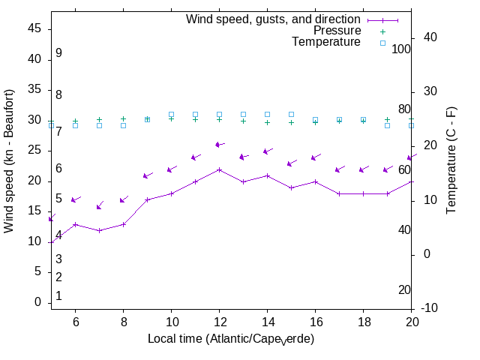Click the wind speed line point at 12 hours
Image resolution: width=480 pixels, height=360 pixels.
pyautogui.click(x=219, y=169)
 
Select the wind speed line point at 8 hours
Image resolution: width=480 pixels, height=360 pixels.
pyautogui.click(x=123, y=223)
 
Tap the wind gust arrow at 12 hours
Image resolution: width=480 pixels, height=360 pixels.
pyautogui.click(x=219, y=144)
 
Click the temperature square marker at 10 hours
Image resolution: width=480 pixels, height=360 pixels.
pyautogui.click(x=171, y=114)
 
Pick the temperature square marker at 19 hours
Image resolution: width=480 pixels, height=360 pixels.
pyautogui.click(x=387, y=125)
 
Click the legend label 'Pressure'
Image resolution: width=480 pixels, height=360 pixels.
pyautogui.click(x=337, y=31)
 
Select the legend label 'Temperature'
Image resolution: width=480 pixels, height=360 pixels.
pyautogui.click(x=326, y=42)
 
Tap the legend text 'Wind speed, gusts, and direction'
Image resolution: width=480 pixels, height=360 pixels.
pyautogui.click(x=273, y=19)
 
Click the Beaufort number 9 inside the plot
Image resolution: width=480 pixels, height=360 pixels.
pyautogui.click(x=58, y=53)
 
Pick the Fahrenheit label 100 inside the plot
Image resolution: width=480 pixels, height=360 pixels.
pyautogui.click(x=402, y=49)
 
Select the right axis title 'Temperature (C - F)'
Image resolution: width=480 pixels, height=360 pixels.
pyautogui.click(x=451, y=160)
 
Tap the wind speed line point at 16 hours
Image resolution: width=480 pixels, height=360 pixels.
pyautogui.click(x=315, y=181)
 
